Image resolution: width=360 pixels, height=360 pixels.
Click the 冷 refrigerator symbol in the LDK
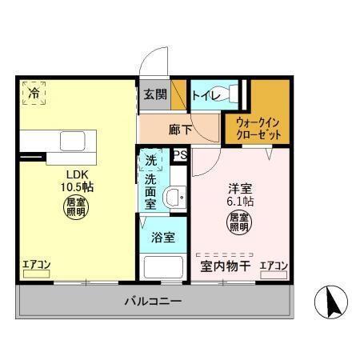click(x=34, y=93)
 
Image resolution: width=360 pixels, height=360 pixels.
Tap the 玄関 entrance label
click(x=155, y=94)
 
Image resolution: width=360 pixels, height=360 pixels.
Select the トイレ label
click(x=206, y=95)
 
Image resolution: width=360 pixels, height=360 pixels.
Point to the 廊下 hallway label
click(x=180, y=130)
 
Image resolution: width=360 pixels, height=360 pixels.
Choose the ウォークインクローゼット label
click(x=258, y=129)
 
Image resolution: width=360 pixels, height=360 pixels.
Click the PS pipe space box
click(x=181, y=155)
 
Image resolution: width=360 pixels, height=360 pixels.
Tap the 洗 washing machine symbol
click(x=150, y=160)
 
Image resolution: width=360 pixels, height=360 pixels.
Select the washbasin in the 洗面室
click(x=174, y=198)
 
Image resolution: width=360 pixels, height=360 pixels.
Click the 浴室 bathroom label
click(x=163, y=237)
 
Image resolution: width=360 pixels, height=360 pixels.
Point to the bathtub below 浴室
click(x=163, y=267)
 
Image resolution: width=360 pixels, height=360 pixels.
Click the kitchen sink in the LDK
click(x=73, y=141)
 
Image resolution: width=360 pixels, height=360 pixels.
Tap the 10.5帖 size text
click(x=77, y=187)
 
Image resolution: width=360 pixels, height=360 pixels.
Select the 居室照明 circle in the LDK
click(x=76, y=207)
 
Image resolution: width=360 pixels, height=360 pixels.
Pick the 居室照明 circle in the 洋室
click(x=239, y=222)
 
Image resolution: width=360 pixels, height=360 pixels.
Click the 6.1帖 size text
click(x=240, y=201)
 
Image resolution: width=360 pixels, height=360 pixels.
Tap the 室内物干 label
click(x=226, y=266)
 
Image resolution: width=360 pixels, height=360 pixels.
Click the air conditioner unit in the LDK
click(x=36, y=274)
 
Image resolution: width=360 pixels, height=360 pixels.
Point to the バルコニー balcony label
click(x=153, y=302)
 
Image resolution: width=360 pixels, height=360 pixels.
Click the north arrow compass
click(x=331, y=302)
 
